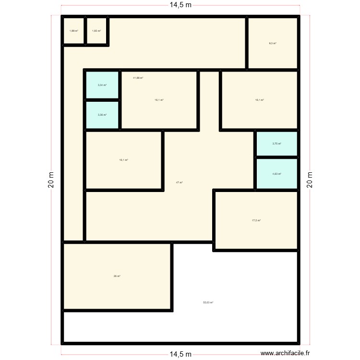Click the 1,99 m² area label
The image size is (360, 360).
(x=73, y=31)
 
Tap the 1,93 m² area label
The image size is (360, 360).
(x=96, y=31)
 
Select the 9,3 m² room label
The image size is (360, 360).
(x=273, y=44)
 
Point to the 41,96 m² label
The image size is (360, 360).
(x=138, y=78)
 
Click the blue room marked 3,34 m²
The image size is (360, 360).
(x=102, y=85)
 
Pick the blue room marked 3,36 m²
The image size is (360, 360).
(x=102, y=115)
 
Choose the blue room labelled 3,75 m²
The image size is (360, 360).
(x=276, y=144)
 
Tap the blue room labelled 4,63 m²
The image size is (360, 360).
(x=276, y=174)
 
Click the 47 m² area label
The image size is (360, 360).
(x=179, y=182)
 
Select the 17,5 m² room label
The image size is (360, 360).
(x=256, y=221)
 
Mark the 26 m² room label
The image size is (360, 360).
(x=117, y=276)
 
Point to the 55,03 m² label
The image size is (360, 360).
(x=208, y=302)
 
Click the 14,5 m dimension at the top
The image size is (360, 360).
(x=180, y=6)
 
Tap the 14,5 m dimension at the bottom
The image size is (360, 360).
(x=180, y=354)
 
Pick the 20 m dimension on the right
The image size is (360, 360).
(x=309, y=180)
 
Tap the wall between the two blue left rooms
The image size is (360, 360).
(x=102, y=100)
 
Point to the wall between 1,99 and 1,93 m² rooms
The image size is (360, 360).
(x=85, y=31)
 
